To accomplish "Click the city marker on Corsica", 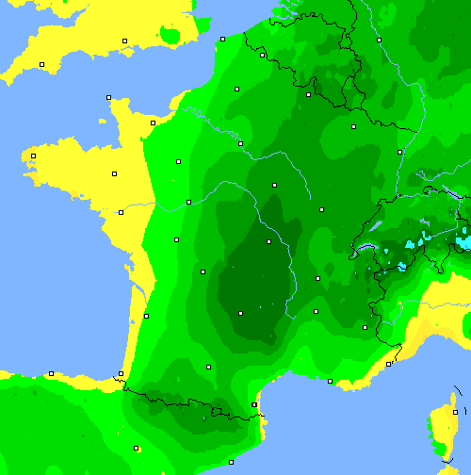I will click(455, 412).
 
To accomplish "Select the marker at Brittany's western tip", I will click(33, 156).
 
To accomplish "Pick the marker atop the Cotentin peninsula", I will click(108, 97).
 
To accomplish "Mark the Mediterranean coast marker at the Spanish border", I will click(254, 404).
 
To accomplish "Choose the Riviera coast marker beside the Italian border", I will click(389, 363).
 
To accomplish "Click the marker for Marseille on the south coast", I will click(330, 381).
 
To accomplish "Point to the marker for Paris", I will click(240, 143).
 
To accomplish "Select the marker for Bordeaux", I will click(146, 316).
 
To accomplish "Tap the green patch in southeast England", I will click(171, 36).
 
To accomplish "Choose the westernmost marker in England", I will click(42, 64).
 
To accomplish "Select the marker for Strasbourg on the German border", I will click(399, 152).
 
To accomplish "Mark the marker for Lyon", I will click(317, 279).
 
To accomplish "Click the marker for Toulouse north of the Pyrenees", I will click(208, 366).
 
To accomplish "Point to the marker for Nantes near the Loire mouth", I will click(121, 212).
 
